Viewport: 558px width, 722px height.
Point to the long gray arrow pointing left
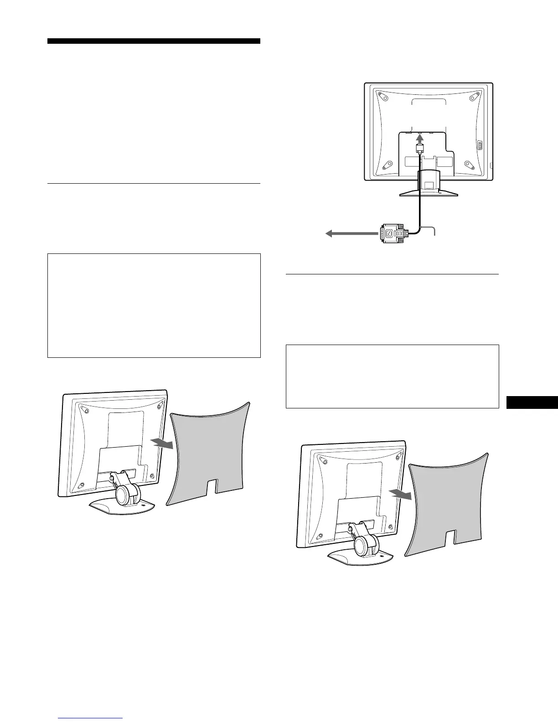click(x=351, y=234)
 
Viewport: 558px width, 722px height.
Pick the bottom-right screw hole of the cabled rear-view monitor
click(x=469, y=165)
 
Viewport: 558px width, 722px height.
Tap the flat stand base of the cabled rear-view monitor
click(x=429, y=192)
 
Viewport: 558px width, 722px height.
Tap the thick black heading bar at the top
click(x=154, y=41)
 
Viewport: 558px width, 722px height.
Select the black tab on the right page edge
click(x=532, y=403)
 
